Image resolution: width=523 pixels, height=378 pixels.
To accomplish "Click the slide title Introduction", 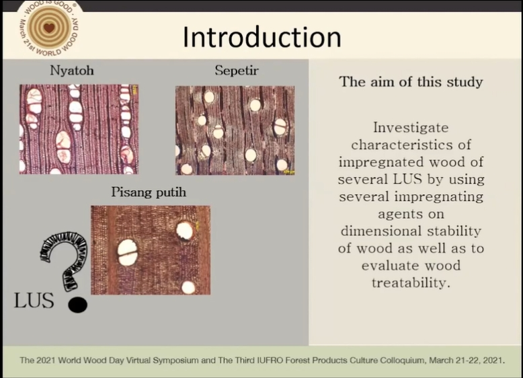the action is click(262, 37).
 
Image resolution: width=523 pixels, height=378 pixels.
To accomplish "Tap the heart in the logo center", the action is click(49, 28).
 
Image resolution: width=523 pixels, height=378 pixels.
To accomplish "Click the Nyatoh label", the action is click(72, 71).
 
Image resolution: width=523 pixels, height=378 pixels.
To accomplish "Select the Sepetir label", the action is click(237, 71).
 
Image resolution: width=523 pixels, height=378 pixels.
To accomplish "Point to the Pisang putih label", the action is click(149, 192).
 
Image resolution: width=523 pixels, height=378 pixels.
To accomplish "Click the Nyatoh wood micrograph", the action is click(79, 129).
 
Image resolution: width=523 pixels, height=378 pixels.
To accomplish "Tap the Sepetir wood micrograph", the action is click(235, 130).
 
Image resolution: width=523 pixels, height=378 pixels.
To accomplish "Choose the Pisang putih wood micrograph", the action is click(151, 250).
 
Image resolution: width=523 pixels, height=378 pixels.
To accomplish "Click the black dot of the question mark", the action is click(78, 305).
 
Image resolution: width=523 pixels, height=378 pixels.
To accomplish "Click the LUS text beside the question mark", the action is click(34, 300).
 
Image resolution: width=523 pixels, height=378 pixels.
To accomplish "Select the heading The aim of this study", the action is click(411, 82).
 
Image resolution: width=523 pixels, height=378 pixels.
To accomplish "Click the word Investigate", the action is click(411, 128).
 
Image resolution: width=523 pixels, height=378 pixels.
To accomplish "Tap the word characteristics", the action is click(411, 145).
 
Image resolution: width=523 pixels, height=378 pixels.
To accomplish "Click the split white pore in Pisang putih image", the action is click(128, 252).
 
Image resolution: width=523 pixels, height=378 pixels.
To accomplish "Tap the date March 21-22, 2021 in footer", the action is click(467, 361).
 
